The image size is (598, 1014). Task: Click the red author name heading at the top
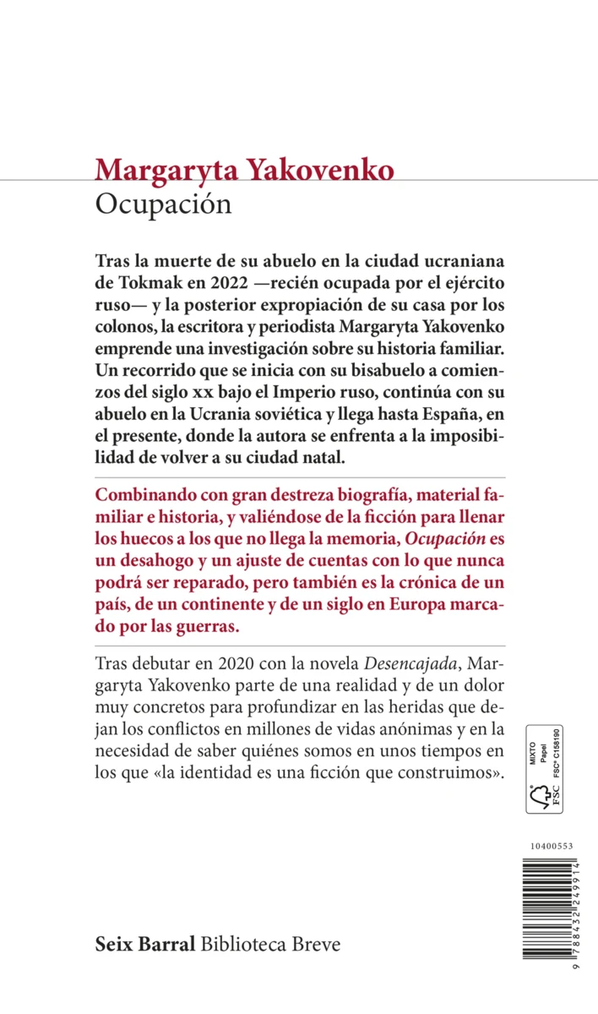245,169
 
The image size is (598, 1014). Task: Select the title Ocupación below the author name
164,205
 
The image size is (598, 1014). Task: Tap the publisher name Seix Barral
146,944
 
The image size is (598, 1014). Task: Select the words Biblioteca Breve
271,944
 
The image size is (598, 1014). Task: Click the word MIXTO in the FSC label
533,747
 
